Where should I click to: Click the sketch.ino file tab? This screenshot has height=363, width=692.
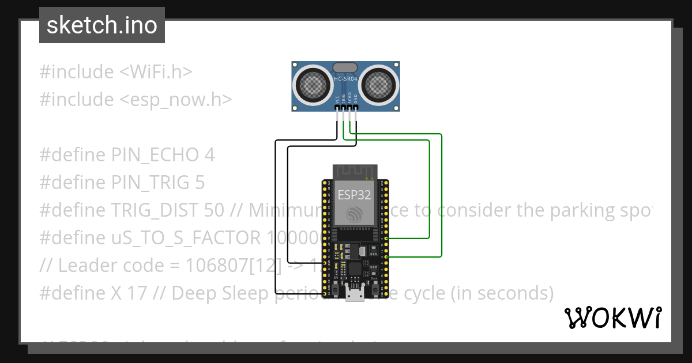click(102, 25)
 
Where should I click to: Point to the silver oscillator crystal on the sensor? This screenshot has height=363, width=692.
click(345, 68)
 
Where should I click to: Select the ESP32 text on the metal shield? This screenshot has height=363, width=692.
click(354, 194)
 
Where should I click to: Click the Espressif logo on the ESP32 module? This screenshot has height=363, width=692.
click(354, 214)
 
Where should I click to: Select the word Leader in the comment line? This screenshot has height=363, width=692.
click(88, 266)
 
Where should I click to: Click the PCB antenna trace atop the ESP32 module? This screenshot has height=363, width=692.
click(354, 171)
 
